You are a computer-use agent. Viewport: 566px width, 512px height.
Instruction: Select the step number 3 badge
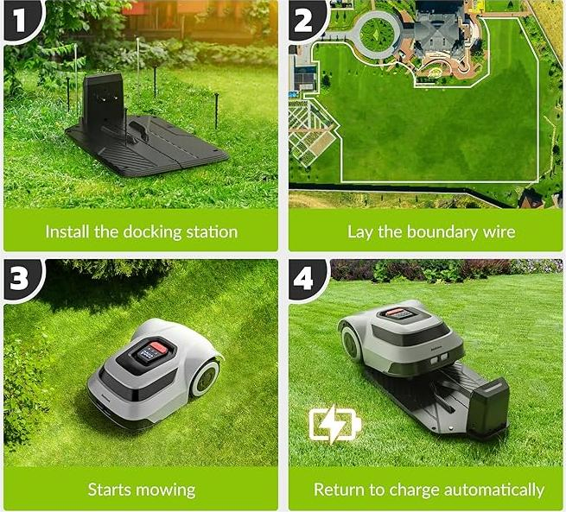(x=18, y=278)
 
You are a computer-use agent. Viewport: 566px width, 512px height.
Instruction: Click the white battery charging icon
(x=334, y=425)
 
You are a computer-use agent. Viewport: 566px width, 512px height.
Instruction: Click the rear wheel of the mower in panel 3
(x=206, y=378)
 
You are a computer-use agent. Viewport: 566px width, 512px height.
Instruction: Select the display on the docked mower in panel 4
(x=403, y=314)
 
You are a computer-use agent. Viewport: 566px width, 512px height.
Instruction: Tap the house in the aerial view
(x=440, y=31)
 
